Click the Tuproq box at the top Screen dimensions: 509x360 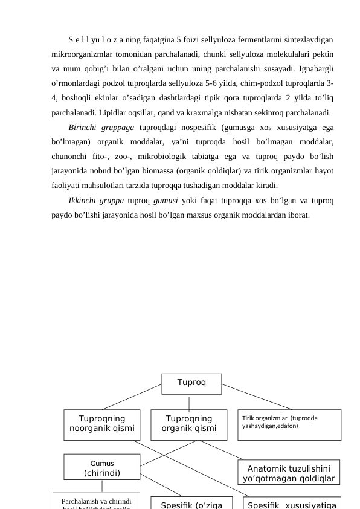[x=191, y=383]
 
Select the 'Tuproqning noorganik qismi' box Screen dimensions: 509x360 [x=102, y=424]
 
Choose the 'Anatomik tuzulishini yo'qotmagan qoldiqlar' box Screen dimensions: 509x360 [x=288, y=472]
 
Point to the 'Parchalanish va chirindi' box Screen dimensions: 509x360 [x=97, y=501]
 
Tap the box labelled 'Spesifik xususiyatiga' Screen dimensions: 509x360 [x=292, y=504]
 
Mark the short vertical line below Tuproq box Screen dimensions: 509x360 [x=190, y=403]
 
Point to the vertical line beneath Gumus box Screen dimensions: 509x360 [x=102, y=485]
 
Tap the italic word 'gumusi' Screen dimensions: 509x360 [x=165, y=200]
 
